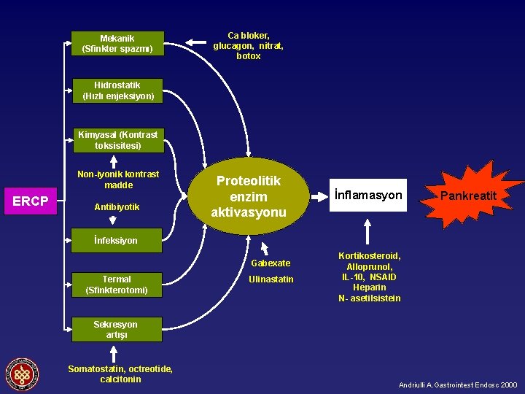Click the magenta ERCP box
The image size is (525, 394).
[31, 201]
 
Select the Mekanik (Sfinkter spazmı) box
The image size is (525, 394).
[117, 43]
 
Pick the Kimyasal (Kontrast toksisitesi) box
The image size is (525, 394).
[117, 139]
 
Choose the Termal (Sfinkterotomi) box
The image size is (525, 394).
[117, 285]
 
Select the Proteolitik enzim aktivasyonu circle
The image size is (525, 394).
[249, 196]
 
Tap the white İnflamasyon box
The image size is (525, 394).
[368, 195]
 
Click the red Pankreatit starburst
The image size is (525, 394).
[468, 196]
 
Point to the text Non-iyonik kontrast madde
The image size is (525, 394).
[118, 179]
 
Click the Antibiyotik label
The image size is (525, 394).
[117, 206]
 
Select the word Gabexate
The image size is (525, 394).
[271, 263]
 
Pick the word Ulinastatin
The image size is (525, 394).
[271, 279]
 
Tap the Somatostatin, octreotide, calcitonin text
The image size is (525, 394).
[120, 374]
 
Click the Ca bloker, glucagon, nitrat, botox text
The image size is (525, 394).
[248, 45]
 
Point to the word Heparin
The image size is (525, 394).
[369, 287]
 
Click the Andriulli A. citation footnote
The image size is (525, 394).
[458, 385]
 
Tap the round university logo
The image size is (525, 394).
[23, 374]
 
